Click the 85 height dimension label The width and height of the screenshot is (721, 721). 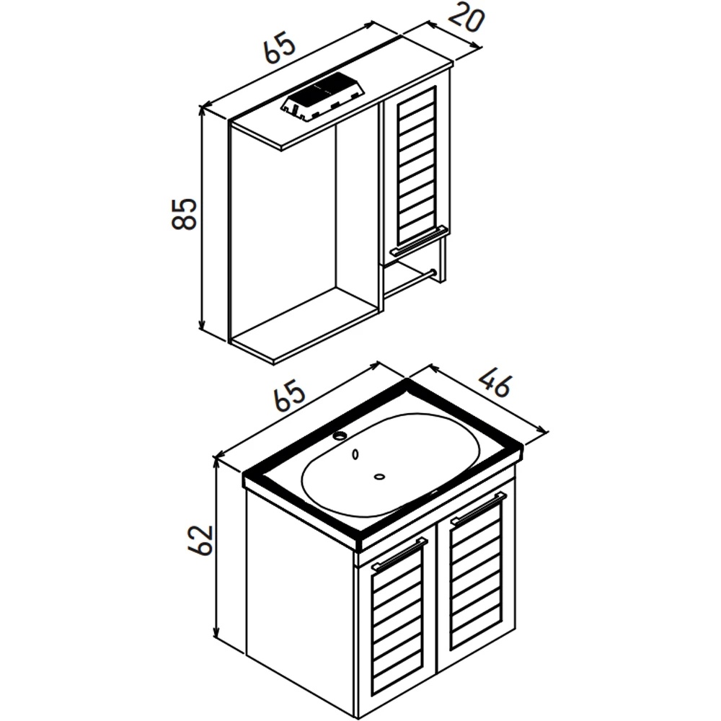tap(184, 214)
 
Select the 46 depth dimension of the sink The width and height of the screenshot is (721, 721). tap(495, 381)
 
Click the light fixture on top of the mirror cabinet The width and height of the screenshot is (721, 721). tap(324, 97)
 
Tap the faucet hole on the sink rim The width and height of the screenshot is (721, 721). tap(341, 435)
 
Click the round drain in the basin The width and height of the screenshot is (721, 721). tap(379, 477)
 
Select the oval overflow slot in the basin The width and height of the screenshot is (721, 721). tap(355, 455)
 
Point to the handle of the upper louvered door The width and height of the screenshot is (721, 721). tap(419, 240)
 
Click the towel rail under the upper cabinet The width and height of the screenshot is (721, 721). tap(408, 284)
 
